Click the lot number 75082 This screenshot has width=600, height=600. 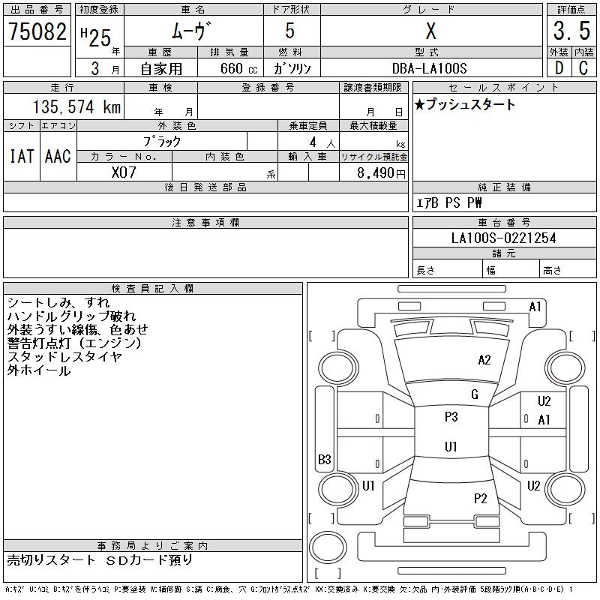(37, 31)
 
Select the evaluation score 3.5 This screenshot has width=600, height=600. (571, 31)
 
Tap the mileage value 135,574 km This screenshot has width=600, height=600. (76, 106)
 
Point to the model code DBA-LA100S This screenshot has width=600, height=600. (429, 68)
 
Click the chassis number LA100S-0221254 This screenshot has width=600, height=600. (503, 238)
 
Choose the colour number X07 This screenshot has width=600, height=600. (124, 172)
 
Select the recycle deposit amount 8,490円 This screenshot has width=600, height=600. (381, 173)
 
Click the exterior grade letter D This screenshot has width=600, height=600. (559, 68)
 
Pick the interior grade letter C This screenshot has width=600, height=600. (583, 68)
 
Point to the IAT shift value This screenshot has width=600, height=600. (22, 156)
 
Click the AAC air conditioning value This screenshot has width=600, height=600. (58, 156)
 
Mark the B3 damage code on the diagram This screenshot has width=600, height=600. (325, 459)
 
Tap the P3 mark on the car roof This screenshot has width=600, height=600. (451, 417)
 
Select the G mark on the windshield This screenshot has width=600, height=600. (475, 394)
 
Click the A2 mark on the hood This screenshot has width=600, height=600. (484, 360)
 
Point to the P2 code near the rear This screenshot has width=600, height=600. (480, 498)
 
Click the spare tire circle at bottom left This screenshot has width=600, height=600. (328, 547)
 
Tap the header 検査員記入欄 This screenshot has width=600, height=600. (152, 289)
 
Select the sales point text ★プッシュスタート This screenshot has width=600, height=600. (465, 104)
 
